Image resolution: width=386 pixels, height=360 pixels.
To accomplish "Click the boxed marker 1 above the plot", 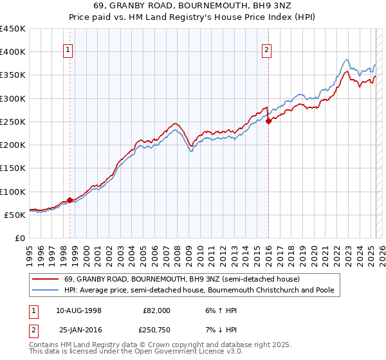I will [x=68, y=51].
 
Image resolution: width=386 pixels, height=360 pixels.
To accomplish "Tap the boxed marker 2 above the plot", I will [x=266, y=51].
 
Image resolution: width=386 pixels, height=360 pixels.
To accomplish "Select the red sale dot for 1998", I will [x=69, y=200].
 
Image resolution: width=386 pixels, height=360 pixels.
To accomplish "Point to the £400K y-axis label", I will [x=13, y=52].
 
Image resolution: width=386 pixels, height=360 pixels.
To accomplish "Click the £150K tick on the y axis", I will [x=13, y=168].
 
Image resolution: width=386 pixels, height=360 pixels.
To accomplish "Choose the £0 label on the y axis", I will [x=21, y=239].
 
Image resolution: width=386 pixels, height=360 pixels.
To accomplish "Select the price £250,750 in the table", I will [x=158, y=330].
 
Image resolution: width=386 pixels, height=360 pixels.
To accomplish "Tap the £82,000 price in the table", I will [x=158, y=310].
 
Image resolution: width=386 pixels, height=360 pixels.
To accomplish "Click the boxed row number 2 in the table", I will [x=33, y=330].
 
